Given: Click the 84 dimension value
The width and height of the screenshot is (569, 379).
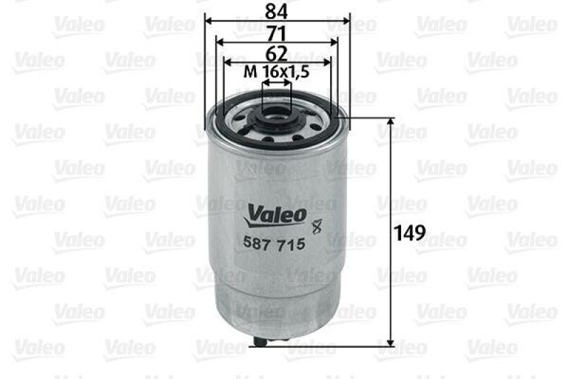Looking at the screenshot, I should (277, 10).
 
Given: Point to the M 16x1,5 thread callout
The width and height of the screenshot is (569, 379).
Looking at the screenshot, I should (277, 72).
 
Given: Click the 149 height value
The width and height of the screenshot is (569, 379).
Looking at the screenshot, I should (412, 232).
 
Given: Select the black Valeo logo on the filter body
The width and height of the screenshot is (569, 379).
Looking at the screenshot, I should (277, 212).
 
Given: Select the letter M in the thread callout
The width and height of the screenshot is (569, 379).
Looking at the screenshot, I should (249, 72).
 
